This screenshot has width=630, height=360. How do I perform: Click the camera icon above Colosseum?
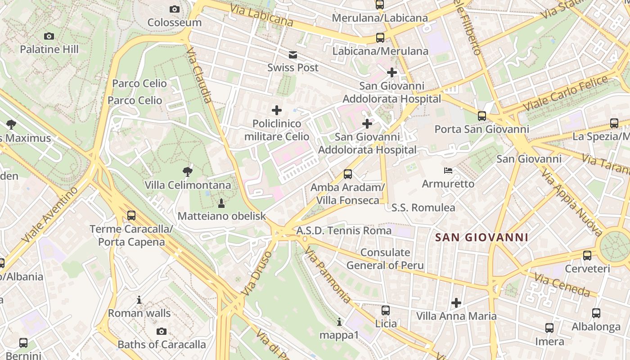pos(175,9)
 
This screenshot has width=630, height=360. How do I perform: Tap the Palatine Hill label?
pos(49,49)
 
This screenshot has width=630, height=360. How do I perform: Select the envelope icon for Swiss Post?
pos(293,55)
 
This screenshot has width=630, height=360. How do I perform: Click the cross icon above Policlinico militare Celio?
pos(277,110)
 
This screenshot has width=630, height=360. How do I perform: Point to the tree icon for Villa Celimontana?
pos(188,171)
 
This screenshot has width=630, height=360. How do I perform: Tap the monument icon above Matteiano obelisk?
pos(221,203)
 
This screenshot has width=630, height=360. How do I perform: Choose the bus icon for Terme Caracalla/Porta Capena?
pos(131,215)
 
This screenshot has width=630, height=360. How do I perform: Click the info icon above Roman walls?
pos(139,300)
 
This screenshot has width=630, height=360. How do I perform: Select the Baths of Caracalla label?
pos(162,345)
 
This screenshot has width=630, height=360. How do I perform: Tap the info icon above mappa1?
pos(339,322)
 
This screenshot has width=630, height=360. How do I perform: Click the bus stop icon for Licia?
pos(386,310)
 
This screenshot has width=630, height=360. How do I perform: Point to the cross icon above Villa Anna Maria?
pos(456,303)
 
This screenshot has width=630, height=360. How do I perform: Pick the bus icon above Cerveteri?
pos(587,256)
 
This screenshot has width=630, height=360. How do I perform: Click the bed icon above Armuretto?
pos(448,171)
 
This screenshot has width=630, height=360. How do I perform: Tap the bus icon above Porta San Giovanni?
pos(482,116)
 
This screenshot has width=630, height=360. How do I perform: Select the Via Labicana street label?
pos(261,15)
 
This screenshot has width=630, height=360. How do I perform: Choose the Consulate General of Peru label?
pos(385,259)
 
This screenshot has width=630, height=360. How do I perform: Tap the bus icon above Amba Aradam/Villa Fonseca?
pos(347,174)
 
